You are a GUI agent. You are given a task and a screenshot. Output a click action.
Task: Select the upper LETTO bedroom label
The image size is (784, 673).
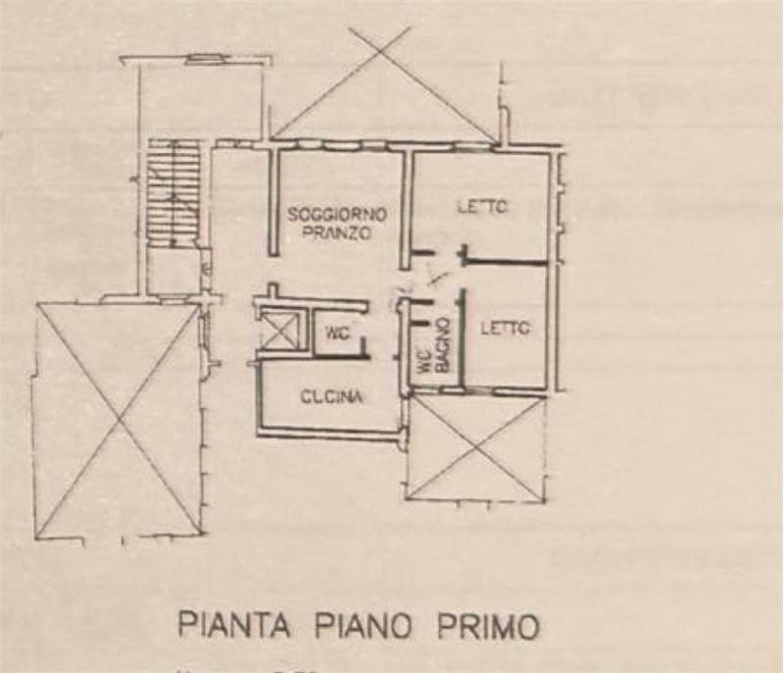coord(482,208)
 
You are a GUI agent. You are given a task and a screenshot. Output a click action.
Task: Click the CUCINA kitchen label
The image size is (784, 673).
coord(332,397)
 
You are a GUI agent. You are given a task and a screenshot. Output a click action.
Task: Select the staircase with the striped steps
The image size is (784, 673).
coord(174,193)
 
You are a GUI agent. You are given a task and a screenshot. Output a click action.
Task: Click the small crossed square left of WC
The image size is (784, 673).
coord(279,332)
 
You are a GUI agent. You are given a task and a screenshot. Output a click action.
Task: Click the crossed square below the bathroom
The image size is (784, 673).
coord(475,447)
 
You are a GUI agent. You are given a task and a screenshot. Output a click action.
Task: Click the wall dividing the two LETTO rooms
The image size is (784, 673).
coord(505,263)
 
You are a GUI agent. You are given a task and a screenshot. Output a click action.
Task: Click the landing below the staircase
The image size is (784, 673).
coord(174,272)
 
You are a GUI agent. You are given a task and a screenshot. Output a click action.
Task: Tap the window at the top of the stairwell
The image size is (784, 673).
coord(204,59)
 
